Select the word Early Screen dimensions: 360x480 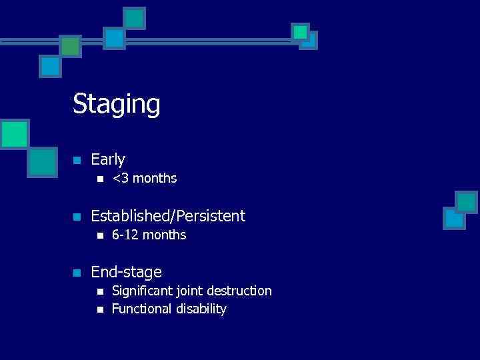(x=108, y=159)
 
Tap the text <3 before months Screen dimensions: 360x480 (x=120, y=179)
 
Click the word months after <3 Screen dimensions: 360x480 (x=154, y=179)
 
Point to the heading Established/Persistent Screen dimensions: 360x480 (x=168, y=216)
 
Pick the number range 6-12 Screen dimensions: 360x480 (x=125, y=235)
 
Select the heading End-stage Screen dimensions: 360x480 (x=126, y=272)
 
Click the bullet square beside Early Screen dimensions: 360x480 (x=77, y=160)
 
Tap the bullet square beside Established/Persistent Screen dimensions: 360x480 (x=77, y=217)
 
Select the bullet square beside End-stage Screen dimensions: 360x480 (x=77, y=273)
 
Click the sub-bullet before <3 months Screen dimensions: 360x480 (x=99, y=179)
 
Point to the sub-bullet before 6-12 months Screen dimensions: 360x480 (x=99, y=235)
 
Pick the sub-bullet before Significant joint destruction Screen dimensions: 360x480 (x=99, y=291)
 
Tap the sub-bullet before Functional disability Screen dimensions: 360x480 (x=99, y=309)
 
